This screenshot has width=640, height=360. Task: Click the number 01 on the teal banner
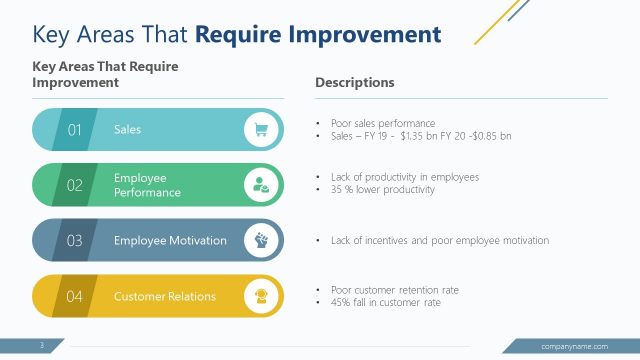click(74, 130)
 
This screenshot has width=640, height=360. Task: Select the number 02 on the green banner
click(74, 185)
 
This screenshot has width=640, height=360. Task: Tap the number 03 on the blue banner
click(74, 241)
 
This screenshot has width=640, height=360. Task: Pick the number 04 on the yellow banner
click(74, 297)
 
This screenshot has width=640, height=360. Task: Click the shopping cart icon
click(261, 129)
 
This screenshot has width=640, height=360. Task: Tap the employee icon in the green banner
click(261, 185)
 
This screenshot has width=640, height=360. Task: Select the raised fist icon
click(261, 241)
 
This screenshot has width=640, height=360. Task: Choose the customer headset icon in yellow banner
click(261, 296)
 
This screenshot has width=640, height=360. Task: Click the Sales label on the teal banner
click(128, 130)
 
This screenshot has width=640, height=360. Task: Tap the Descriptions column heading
click(354, 82)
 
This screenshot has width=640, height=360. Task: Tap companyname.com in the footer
click(574, 346)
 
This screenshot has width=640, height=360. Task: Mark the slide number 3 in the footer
click(42, 346)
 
